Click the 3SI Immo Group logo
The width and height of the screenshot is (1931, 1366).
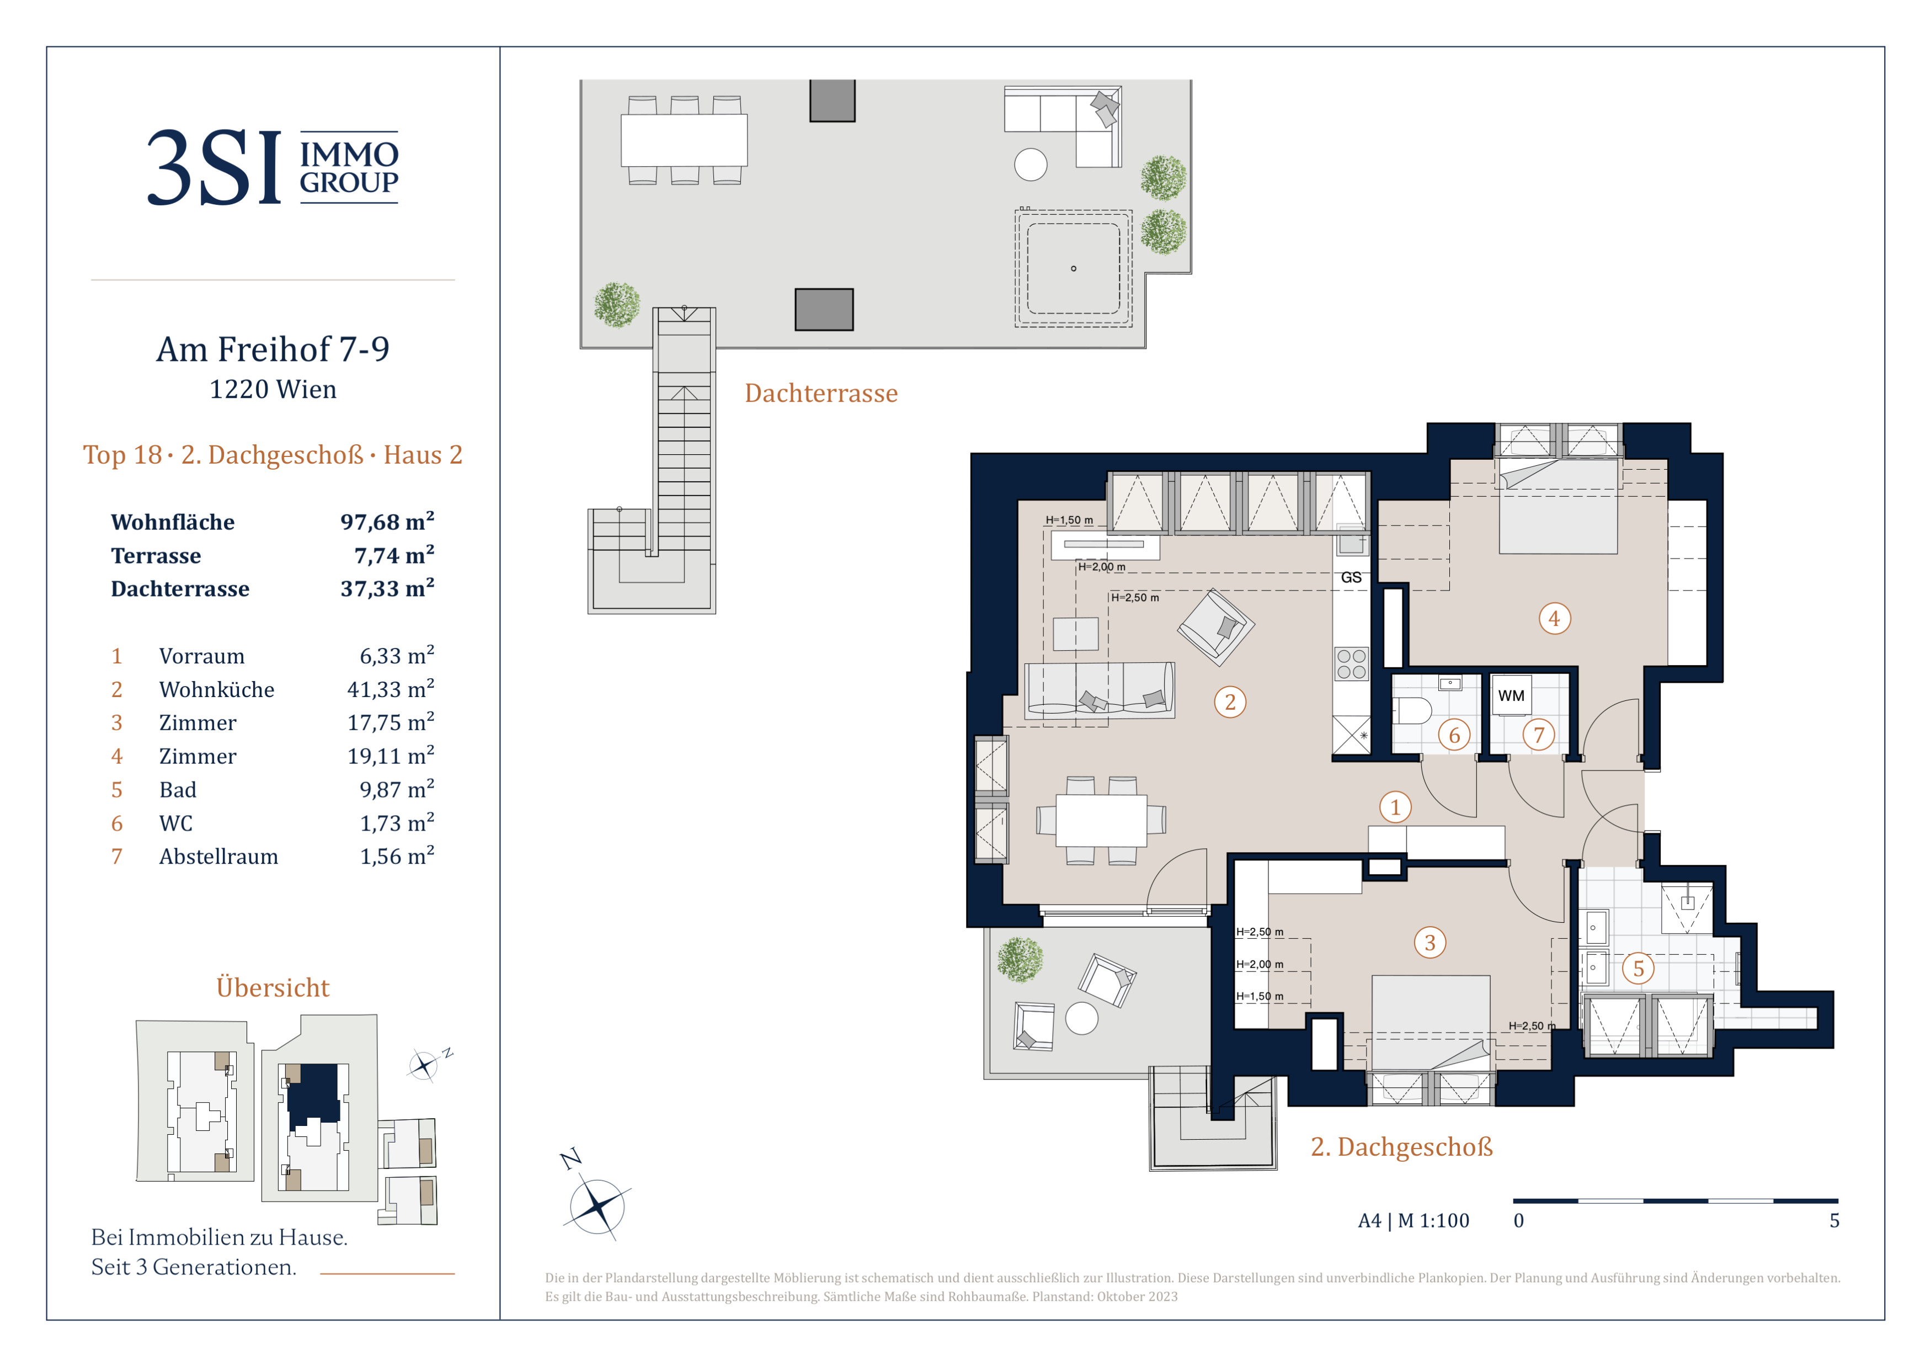pyautogui.click(x=273, y=167)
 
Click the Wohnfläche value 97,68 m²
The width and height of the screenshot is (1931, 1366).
pyautogui.click(x=387, y=522)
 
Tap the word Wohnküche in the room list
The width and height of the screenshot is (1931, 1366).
pyautogui.click(x=216, y=690)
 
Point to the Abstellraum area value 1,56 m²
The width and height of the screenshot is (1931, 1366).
pyautogui.click(x=397, y=856)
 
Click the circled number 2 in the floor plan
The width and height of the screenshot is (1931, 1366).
pyautogui.click(x=1230, y=701)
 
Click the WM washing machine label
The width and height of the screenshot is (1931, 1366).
pyautogui.click(x=1511, y=695)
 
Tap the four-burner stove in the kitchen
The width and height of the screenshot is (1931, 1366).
pyautogui.click(x=1351, y=663)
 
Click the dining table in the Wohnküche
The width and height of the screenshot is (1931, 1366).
pyautogui.click(x=1101, y=820)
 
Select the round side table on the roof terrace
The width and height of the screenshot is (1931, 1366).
pyautogui.click(x=1030, y=164)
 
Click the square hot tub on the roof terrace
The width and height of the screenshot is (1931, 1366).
pyautogui.click(x=1073, y=268)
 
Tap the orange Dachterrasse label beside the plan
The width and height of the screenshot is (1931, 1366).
pyautogui.click(x=821, y=393)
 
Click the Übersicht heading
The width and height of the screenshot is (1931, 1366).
pyautogui.click(x=273, y=987)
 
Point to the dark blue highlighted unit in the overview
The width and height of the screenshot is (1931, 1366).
pyautogui.click(x=314, y=1093)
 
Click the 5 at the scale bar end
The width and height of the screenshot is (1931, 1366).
pyautogui.click(x=1834, y=1220)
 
